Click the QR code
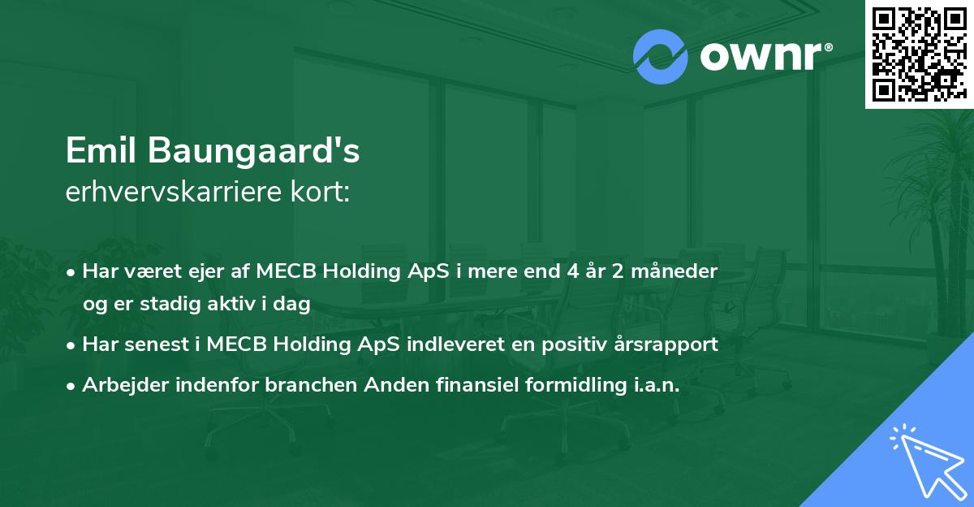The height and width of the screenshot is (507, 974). coord(919,54)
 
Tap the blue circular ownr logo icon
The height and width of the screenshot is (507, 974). coord(660,57)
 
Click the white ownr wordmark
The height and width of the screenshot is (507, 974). coord(766,56)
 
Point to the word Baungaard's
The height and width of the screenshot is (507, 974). coord(254,150)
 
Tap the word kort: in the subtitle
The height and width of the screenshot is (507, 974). coord(320,191)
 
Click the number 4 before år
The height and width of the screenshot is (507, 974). coord(574,271)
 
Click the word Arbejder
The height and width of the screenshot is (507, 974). coord(125,385)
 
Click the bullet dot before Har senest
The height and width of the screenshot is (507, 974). coord(71,346)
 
